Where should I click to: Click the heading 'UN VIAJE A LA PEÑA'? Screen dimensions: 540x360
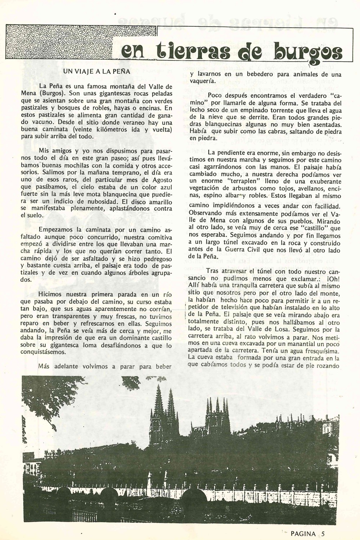tap(96, 71)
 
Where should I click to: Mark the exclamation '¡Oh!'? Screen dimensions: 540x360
tap(332, 279)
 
